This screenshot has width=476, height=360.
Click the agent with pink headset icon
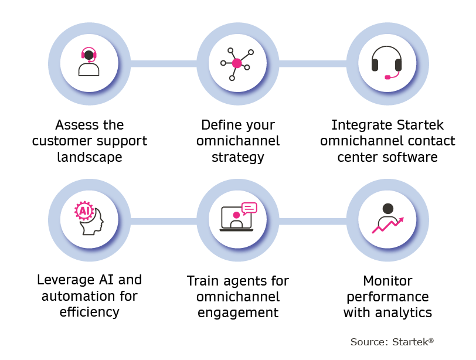(x=89, y=62)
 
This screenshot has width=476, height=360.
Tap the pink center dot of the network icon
(x=237, y=63)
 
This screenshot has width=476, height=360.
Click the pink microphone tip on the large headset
(x=387, y=77)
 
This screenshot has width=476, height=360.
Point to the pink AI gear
(x=84, y=210)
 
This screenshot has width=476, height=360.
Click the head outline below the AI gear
(x=91, y=222)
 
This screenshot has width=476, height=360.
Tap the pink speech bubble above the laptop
(x=249, y=209)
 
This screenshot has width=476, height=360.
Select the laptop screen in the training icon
(x=236, y=218)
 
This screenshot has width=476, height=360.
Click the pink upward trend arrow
(x=388, y=225)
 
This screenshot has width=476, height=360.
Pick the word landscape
(x=90, y=157)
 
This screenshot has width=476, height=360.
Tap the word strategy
(x=237, y=157)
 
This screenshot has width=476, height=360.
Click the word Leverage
(x=61, y=280)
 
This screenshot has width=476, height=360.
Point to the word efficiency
(x=90, y=312)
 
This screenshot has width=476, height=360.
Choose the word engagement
(x=237, y=313)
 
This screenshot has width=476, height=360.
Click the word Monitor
(x=387, y=281)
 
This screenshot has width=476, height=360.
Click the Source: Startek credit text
(x=392, y=342)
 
